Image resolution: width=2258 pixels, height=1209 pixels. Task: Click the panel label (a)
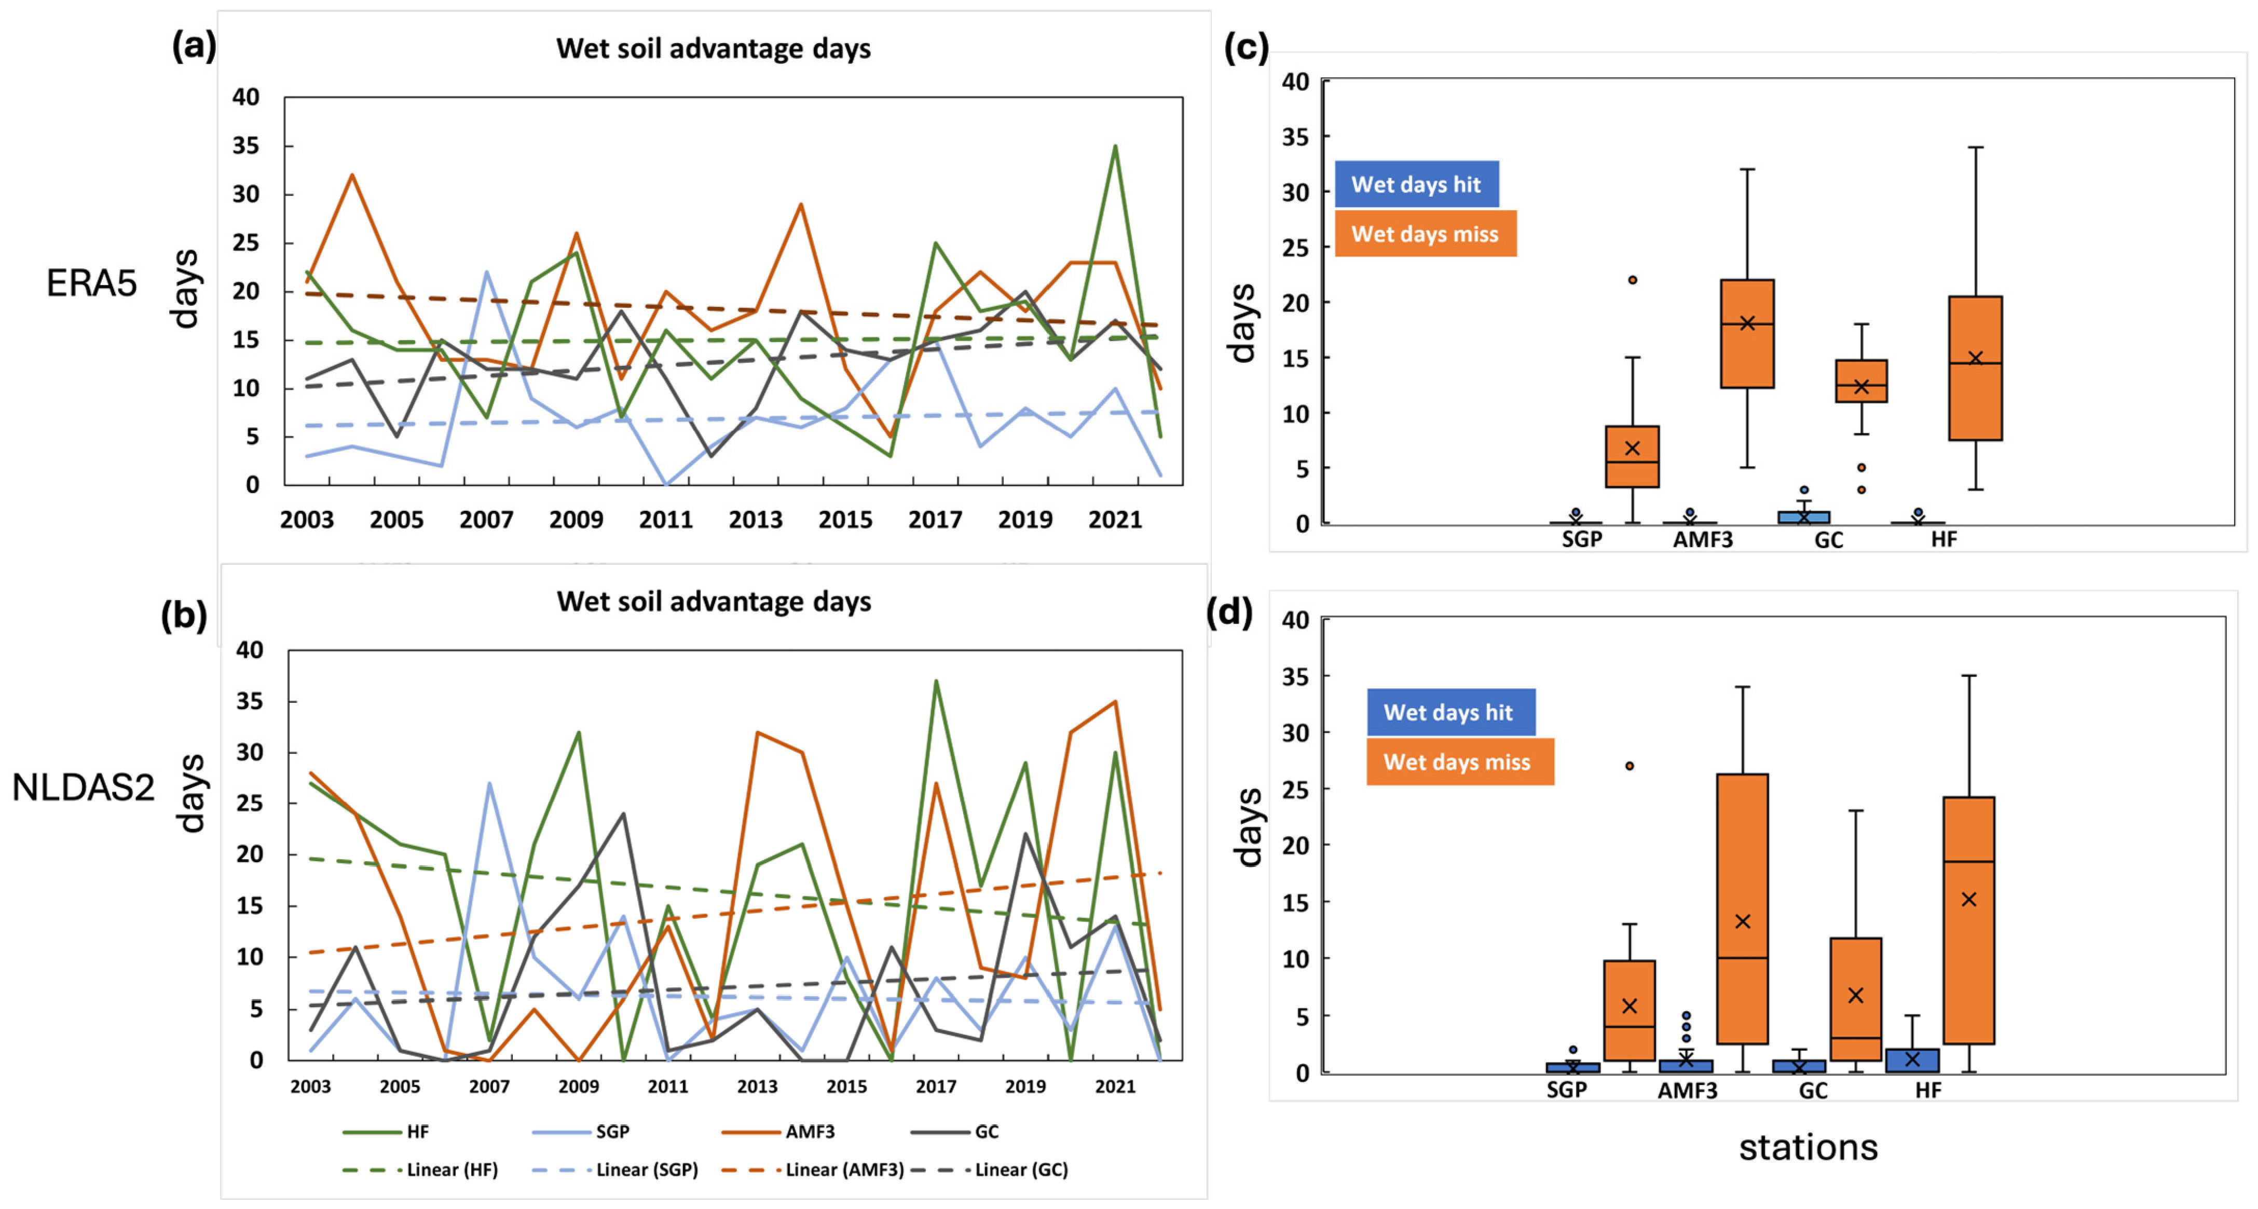(x=194, y=46)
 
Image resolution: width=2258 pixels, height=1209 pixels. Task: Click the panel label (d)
(x=1230, y=611)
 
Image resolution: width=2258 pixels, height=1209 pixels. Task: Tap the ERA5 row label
(x=91, y=283)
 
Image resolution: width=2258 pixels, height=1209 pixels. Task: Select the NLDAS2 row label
(x=83, y=787)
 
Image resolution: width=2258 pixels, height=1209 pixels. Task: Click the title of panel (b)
(x=714, y=602)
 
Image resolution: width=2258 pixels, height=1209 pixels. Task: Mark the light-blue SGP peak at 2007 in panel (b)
(x=489, y=783)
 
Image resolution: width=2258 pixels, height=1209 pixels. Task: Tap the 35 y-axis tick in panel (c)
(x=1295, y=137)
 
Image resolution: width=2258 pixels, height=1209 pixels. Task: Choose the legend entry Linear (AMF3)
(x=813, y=1170)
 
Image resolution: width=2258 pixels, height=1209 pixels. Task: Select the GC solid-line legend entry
(x=954, y=1132)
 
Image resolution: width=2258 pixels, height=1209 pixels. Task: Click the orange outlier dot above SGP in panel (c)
(x=1632, y=280)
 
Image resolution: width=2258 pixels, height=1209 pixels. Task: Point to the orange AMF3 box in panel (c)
(x=1747, y=333)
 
